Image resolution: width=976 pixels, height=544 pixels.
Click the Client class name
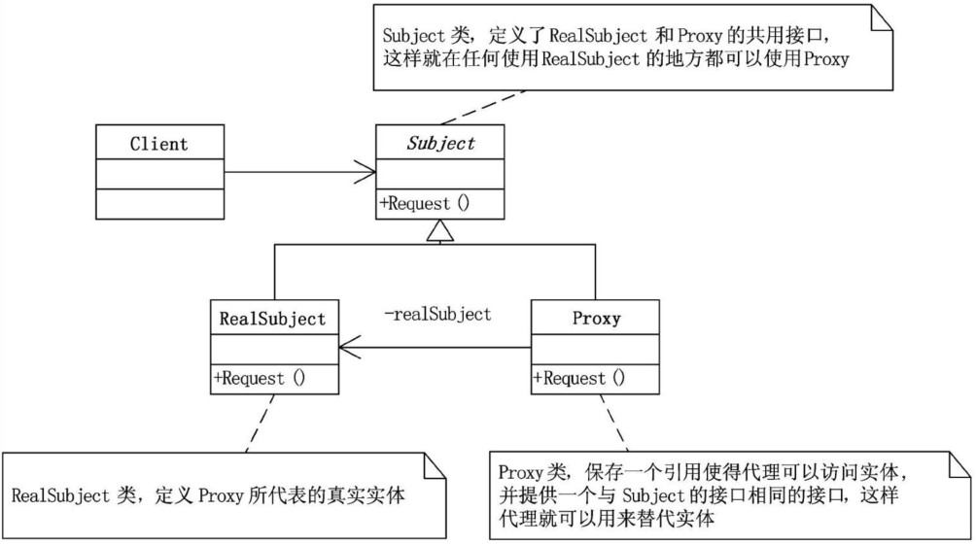(158, 144)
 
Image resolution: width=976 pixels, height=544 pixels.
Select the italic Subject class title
(439, 143)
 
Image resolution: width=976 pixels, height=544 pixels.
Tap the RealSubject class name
(273, 318)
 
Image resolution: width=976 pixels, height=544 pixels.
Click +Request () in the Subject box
(426, 204)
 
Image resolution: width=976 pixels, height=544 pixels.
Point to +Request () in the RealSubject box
(261, 378)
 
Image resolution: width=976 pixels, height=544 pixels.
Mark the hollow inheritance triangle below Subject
(439, 230)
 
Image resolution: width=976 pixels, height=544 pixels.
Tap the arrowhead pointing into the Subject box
(366, 174)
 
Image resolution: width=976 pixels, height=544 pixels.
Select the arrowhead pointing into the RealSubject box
(349, 348)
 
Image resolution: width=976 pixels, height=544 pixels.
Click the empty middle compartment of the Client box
(158, 174)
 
